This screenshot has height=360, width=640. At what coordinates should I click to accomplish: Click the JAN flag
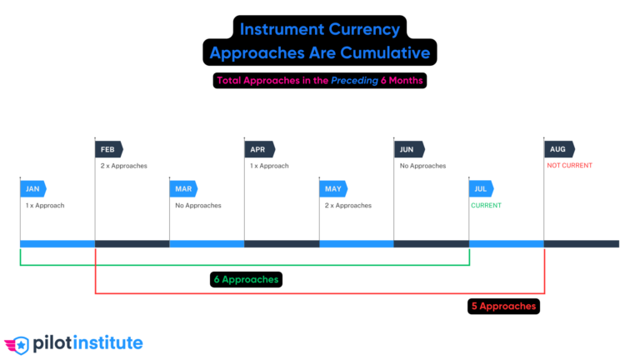coord(33,189)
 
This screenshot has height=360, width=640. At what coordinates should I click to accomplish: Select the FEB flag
coord(108,149)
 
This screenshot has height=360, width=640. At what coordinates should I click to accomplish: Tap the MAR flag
coord(183,189)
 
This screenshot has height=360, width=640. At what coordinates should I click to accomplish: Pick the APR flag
coord(258,149)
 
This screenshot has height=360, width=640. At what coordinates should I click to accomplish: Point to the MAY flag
coord(333,189)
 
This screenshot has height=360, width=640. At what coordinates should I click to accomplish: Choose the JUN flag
coord(408,149)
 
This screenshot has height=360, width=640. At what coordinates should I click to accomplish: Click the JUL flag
coord(482,189)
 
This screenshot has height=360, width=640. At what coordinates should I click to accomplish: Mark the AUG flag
coord(558,149)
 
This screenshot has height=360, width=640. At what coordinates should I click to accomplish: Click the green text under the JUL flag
coord(487,205)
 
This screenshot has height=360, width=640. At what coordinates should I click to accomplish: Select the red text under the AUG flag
coord(570,165)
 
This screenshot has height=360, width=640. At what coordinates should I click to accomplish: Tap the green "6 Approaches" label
coord(246,279)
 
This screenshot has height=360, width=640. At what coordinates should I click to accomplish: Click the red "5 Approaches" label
coord(503,306)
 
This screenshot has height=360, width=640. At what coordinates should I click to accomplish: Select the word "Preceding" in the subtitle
coord(353,81)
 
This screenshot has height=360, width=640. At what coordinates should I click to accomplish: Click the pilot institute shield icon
coord(17,343)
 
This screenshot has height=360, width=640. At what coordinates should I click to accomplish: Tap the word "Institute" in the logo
coord(108,342)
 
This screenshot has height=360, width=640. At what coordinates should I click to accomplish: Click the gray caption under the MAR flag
coord(197,205)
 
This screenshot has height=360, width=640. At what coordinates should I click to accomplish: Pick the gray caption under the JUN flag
coord(422,165)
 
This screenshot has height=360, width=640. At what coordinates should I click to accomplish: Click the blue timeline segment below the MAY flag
coord(356,244)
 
